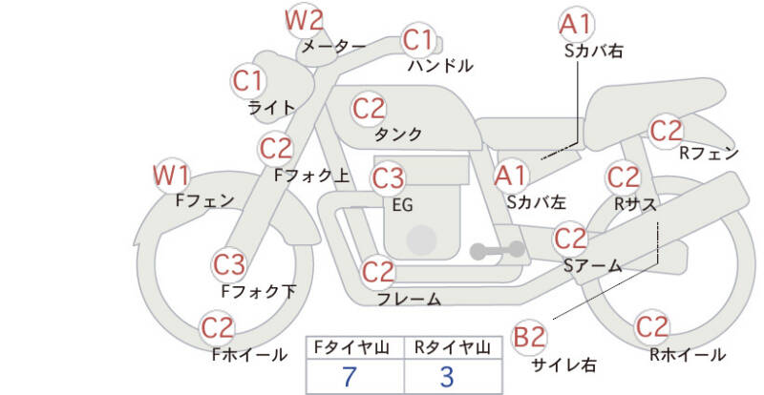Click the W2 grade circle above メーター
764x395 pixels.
click(305, 19)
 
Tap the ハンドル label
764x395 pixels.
click(439, 66)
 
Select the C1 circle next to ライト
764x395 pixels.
click(248, 80)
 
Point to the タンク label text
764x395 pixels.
click(399, 135)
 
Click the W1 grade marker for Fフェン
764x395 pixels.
click(172, 176)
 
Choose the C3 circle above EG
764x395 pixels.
click(388, 178)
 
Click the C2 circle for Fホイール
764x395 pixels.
click(218, 329)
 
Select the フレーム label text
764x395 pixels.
click(409, 299)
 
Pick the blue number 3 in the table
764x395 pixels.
click(447, 376)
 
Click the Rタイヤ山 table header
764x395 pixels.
click(447, 347)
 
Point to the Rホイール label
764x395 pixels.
click(687, 354)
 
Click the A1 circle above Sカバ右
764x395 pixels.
click(575, 23)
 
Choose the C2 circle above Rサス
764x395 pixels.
click(624, 177)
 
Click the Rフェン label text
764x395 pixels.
click(709, 152)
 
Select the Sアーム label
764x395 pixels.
click(592, 266)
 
